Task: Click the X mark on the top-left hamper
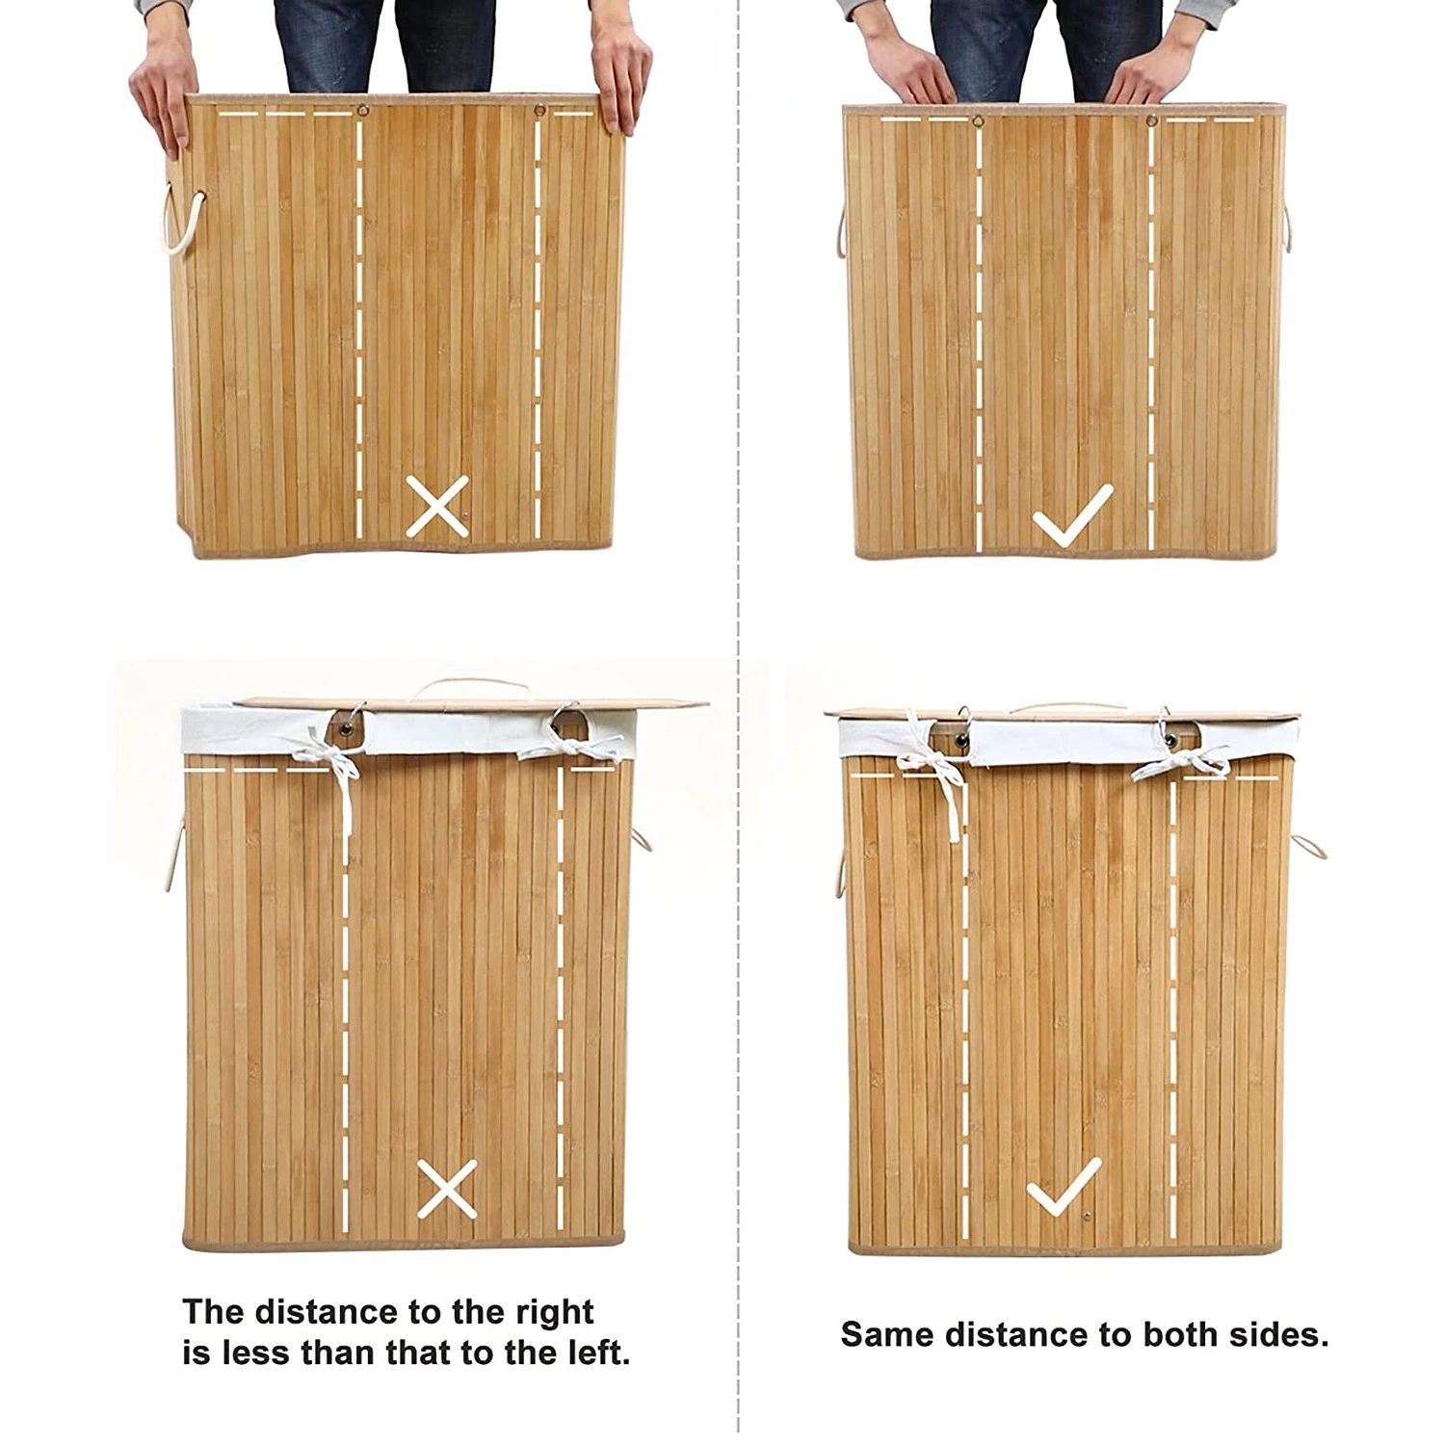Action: pyautogui.click(x=437, y=506)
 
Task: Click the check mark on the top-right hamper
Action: pyautogui.click(x=1072, y=515)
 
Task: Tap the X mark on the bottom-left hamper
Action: pyautogui.click(x=446, y=1188)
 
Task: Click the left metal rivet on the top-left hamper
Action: pyautogui.click(x=362, y=110)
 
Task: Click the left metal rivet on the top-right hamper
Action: pyautogui.click(x=979, y=122)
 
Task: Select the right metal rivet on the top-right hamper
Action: pyautogui.click(x=1150, y=121)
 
